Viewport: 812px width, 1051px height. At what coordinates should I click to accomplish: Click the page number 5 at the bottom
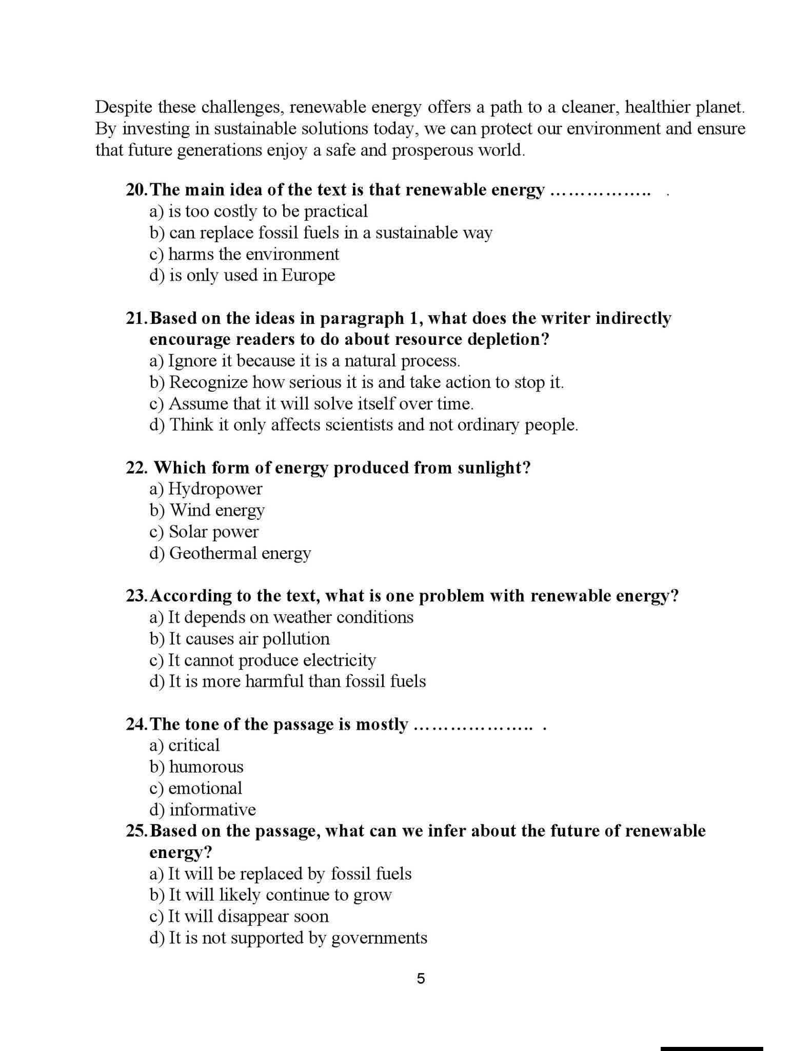pyautogui.click(x=421, y=979)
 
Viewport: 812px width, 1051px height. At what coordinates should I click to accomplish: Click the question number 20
pyautogui.click(x=136, y=190)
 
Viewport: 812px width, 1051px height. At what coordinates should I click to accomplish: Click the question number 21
pyautogui.click(x=136, y=318)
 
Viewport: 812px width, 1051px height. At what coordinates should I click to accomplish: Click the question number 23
pyautogui.click(x=136, y=596)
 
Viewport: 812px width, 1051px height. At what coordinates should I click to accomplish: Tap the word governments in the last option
pyautogui.click(x=379, y=938)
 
